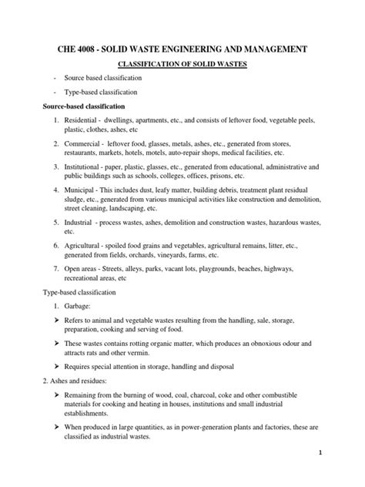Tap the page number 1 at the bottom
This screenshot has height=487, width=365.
340,475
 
